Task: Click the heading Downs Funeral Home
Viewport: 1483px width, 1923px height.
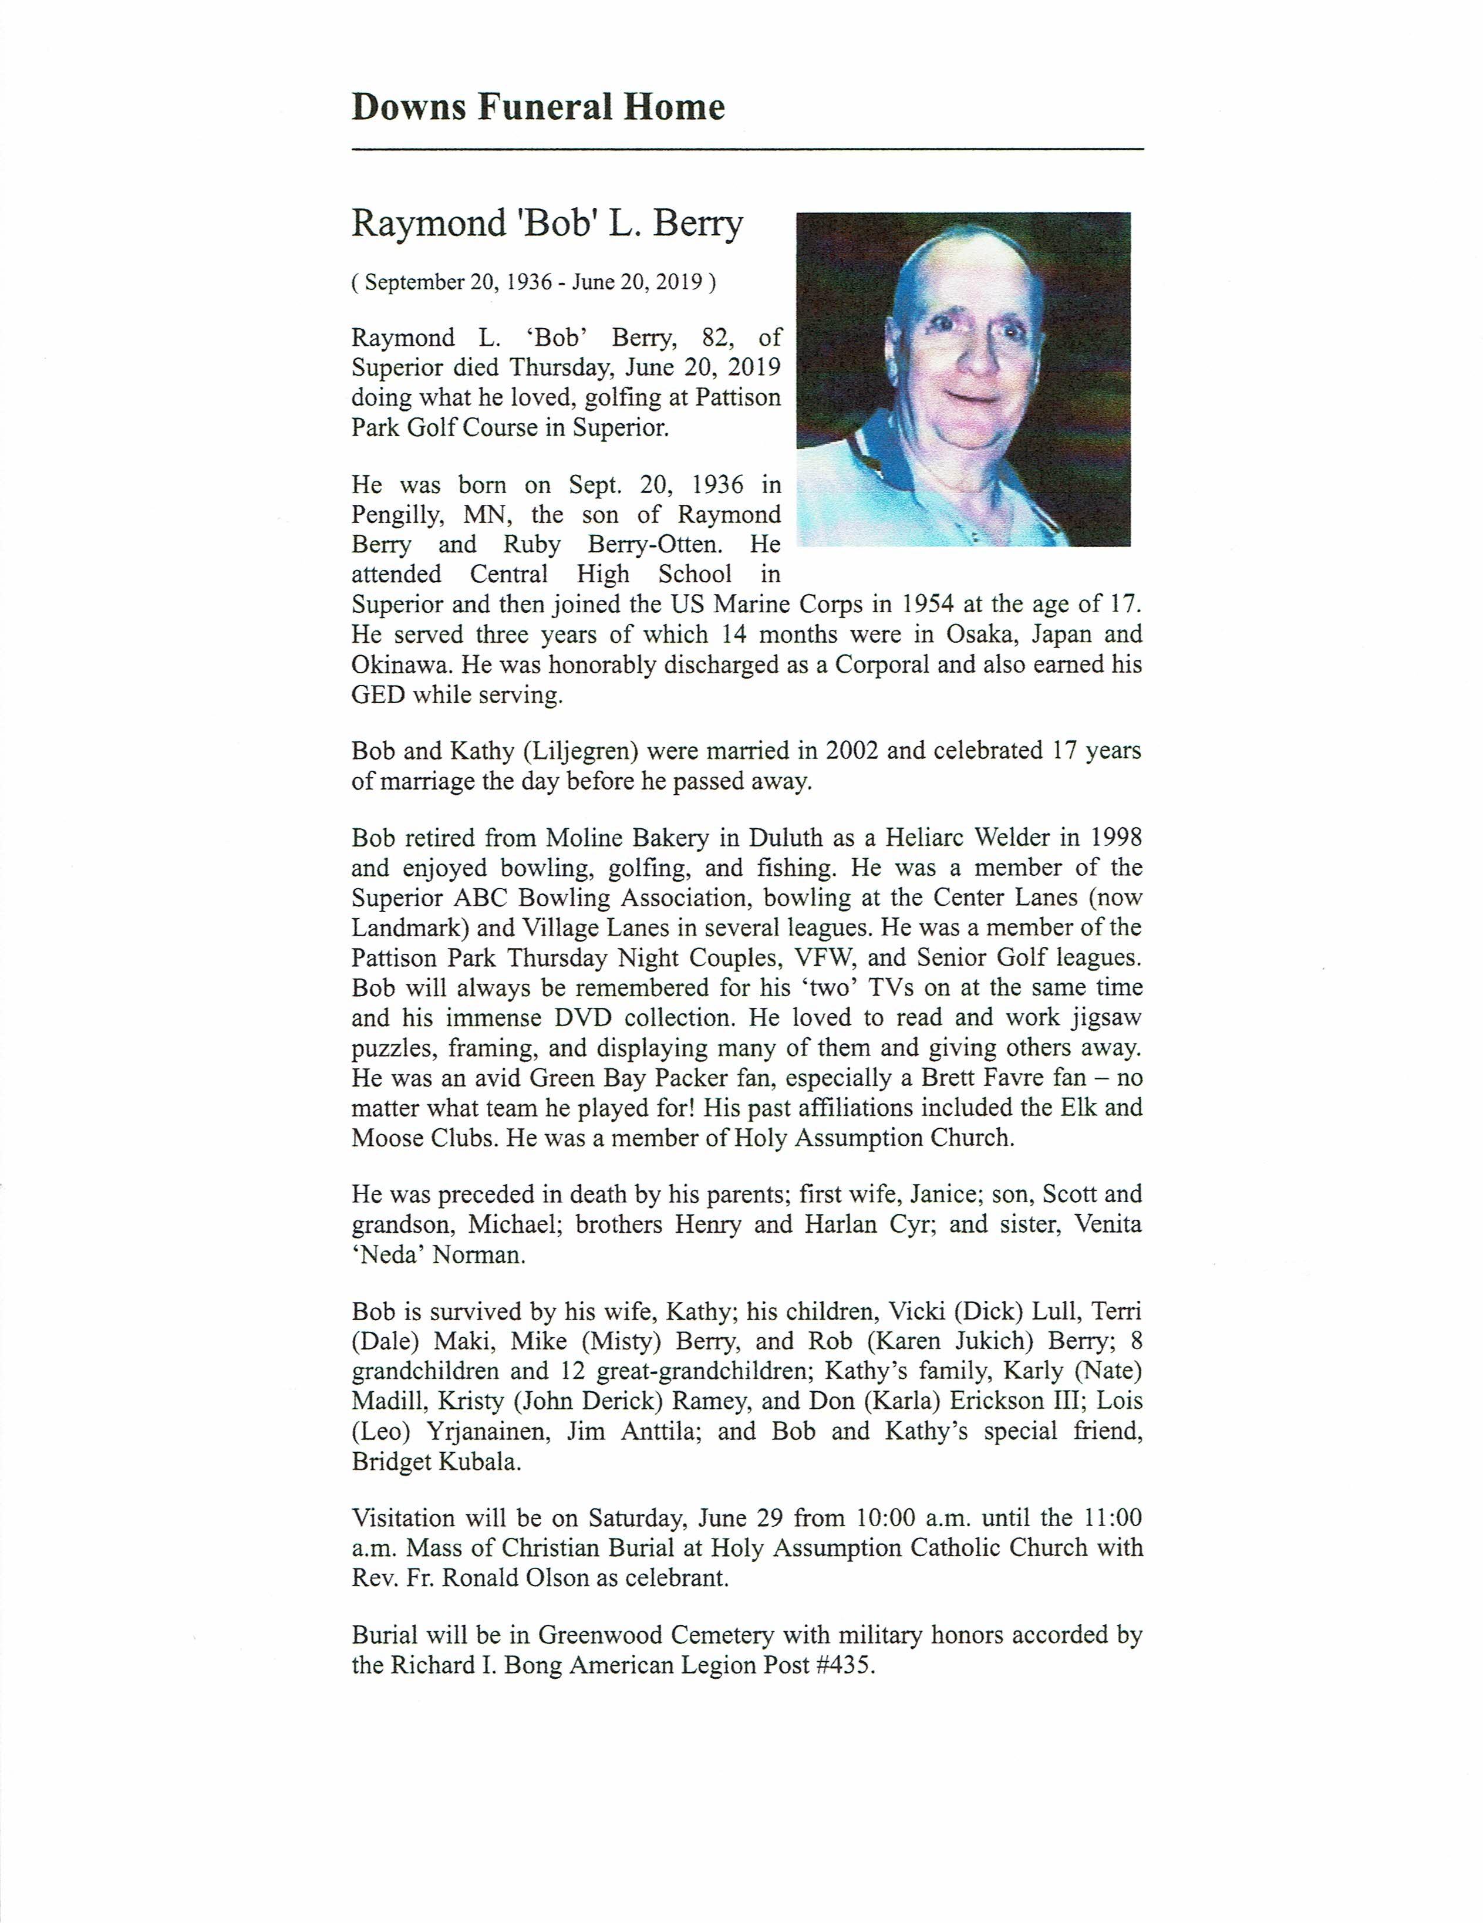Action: (538, 107)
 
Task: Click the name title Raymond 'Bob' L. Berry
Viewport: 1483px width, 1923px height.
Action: (547, 224)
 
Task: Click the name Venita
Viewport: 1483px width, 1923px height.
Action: (1108, 1224)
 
